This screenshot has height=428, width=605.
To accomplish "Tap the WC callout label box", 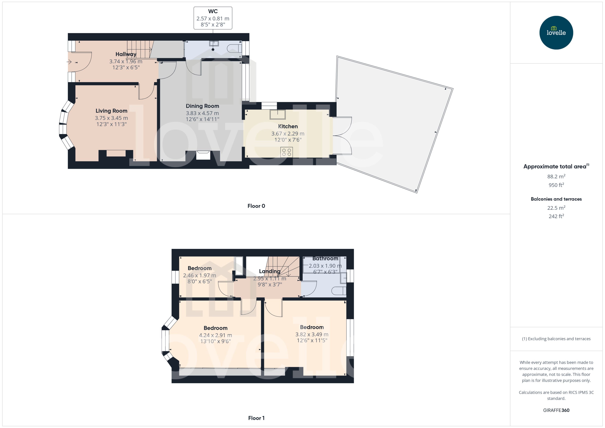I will tap(213, 18).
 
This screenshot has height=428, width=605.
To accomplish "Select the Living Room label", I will tap(111, 111).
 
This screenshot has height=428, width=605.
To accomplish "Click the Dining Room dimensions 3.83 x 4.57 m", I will tap(202, 113).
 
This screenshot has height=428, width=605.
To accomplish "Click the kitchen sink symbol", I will tap(277, 115).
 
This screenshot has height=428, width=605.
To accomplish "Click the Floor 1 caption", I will tap(256, 418).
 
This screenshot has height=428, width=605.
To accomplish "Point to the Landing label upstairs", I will tap(269, 271).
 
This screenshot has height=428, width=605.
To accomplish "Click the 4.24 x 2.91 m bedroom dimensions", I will tap(215, 335).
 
